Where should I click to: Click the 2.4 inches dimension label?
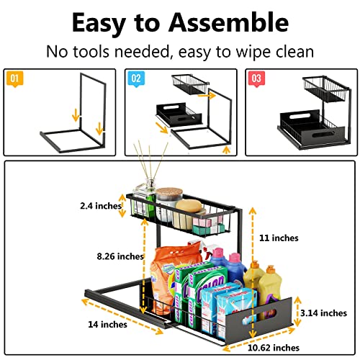click(x=100, y=206)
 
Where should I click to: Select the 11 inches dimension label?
click(x=277, y=237)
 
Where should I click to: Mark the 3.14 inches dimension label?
click(x=323, y=313)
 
